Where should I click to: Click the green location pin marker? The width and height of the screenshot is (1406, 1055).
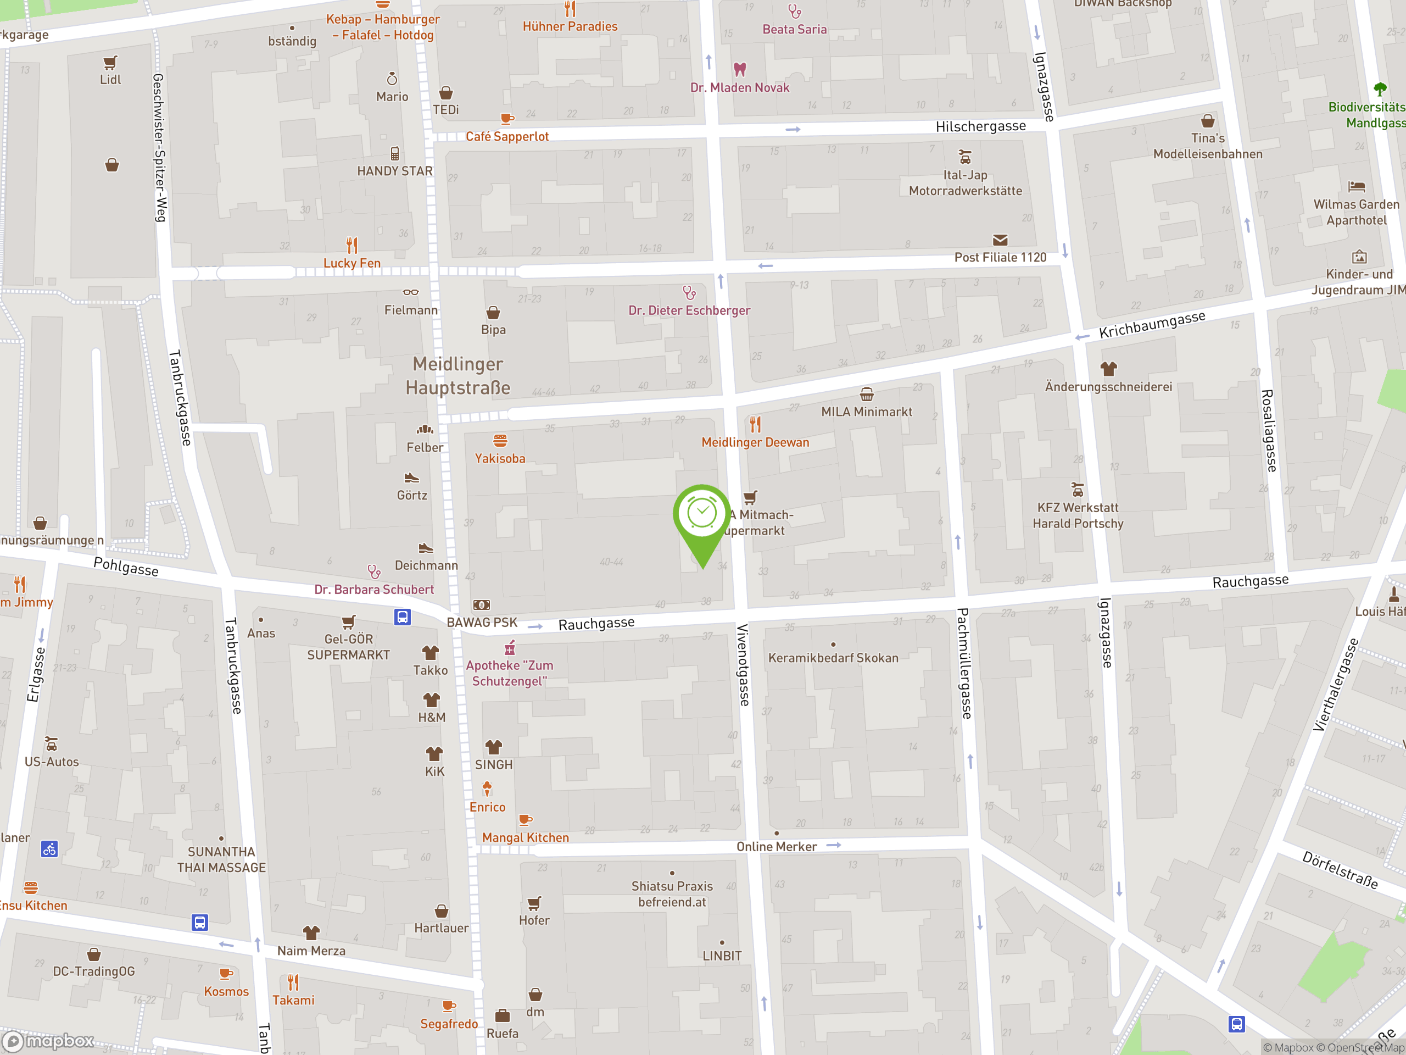point(702,518)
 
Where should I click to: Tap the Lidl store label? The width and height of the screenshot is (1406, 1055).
point(110,80)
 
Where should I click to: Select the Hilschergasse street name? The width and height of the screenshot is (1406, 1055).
point(980,126)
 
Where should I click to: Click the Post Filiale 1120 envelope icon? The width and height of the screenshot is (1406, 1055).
point(1000,240)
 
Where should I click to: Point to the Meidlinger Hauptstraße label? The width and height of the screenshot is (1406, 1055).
point(457,375)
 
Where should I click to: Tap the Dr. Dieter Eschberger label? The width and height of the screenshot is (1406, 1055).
point(689,310)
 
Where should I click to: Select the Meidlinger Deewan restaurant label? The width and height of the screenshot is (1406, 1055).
point(755,442)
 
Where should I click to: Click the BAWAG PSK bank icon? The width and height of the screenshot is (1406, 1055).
point(481,605)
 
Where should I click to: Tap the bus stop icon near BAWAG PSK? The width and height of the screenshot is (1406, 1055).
point(403,617)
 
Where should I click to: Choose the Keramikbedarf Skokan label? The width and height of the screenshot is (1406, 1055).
point(833,658)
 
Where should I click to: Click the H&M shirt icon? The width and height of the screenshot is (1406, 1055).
point(432,700)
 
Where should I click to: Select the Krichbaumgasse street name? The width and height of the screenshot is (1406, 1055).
point(1152,324)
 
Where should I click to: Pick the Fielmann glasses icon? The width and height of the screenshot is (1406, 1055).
point(411,292)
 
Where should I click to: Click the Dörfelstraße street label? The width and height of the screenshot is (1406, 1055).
point(1340,870)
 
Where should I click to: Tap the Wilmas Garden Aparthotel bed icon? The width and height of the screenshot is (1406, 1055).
point(1357,186)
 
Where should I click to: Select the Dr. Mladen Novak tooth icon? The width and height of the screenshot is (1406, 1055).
point(739,69)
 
